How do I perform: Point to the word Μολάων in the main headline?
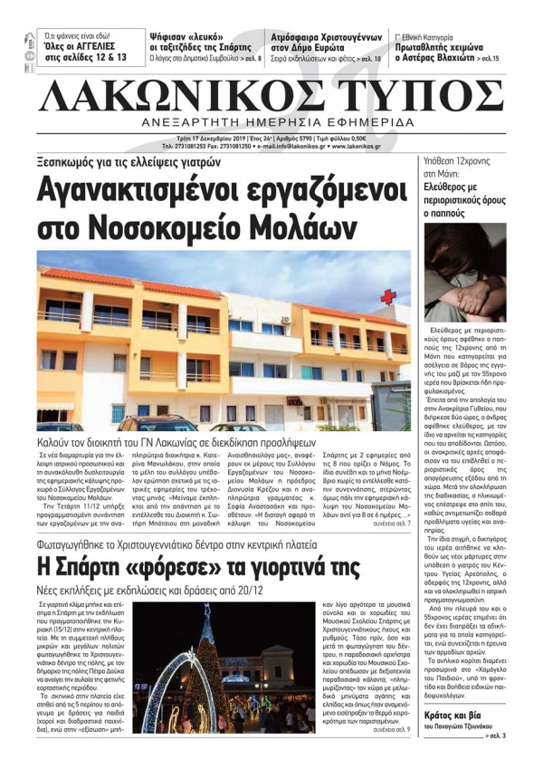(277, 225)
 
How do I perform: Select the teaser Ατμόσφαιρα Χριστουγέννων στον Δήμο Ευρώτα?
(324, 43)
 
